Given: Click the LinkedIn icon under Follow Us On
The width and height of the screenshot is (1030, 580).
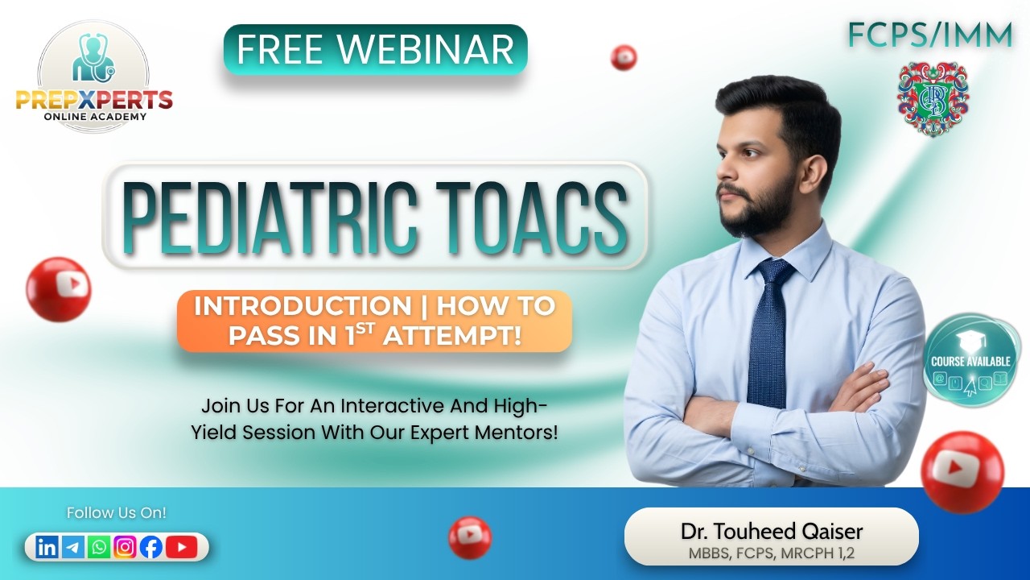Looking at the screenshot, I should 47,548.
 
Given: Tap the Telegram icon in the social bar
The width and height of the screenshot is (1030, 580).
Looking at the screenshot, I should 72,548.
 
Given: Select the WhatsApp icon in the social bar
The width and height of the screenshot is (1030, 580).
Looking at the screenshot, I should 99,548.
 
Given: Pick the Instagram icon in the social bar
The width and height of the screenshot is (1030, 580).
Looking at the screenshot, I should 125,548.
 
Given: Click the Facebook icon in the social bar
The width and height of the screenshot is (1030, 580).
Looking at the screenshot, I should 150,548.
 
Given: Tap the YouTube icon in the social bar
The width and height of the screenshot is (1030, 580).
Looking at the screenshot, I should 181,548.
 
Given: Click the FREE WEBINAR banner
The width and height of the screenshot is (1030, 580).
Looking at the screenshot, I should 375,49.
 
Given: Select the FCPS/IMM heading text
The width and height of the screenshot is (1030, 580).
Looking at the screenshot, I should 929,35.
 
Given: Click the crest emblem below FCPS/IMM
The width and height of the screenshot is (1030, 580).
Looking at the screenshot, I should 933,99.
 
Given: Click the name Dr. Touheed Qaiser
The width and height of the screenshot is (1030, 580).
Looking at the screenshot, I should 771,532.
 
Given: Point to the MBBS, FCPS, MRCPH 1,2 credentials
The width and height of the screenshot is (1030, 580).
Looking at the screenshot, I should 771,553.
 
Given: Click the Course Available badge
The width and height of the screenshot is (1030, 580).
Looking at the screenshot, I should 970,360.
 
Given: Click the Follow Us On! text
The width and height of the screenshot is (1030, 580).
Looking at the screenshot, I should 116,512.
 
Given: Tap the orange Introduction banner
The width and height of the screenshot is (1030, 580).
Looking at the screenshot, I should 374,321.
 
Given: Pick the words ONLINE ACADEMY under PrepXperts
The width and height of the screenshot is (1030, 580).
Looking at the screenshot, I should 95,117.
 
